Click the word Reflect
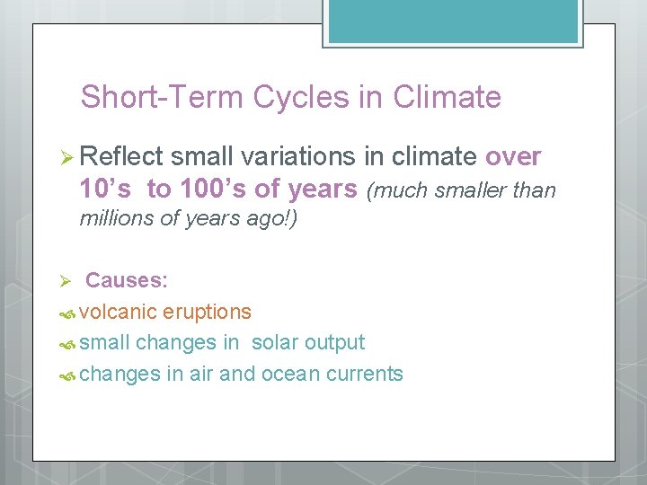pos(121,157)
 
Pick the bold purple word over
pos(513,157)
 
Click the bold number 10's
pos(108,190)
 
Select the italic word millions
pos(118,219)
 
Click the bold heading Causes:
pos(127,280)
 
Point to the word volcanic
pos(118,313)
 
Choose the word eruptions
pos(207,313)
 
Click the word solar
pos(275,343)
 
